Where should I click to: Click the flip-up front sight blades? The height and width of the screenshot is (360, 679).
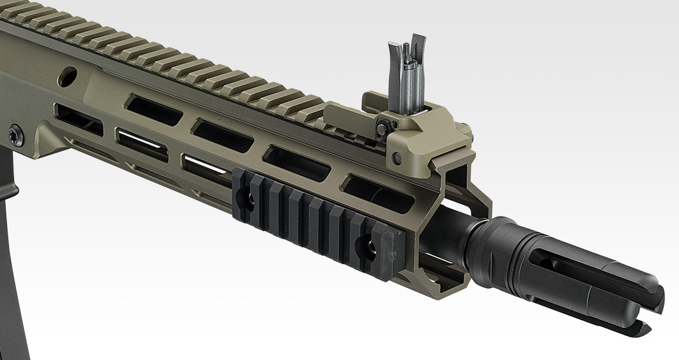[407, 72]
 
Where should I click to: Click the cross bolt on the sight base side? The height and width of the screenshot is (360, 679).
[398, 158]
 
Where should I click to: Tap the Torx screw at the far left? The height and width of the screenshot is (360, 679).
[15, 135]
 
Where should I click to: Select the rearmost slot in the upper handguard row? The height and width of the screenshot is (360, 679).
[153, 111]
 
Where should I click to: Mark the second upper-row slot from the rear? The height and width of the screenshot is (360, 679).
[223, 135]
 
